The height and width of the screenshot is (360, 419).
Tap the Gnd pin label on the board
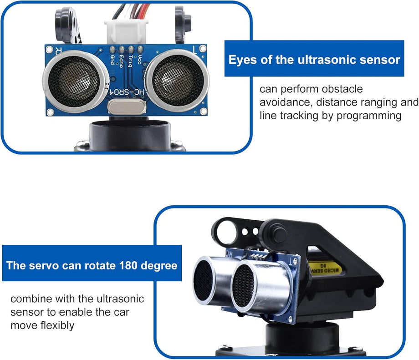pyautogui.click(x=112, y=59)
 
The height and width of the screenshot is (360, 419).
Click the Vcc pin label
pyautogui.click(x=140, y=59)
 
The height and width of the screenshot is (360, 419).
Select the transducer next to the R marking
pyautogui.click(x=75, y=78)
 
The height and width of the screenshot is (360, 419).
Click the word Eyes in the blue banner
pyautogui.click(x=243, y=60)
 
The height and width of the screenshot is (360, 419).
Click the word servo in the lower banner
pyautogui.click(x=44, y=265)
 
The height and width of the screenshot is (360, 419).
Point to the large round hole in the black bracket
pyautogui.click(x=225, y=233)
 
